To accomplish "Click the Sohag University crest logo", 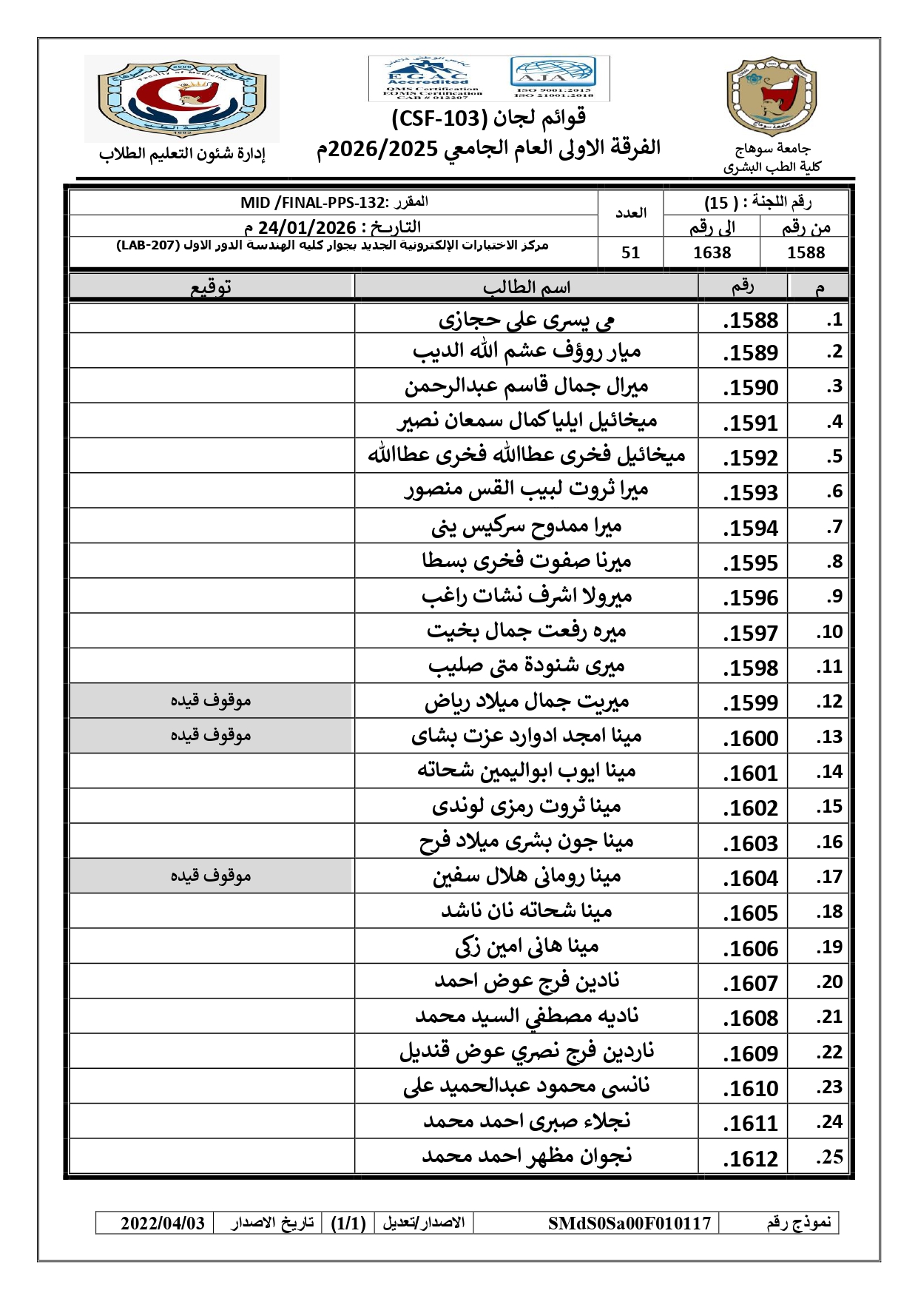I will pyautogui.click(x=771, y=96).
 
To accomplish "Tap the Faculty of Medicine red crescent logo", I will pyautogui.click(x=181, y=98).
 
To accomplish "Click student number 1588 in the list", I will pyautogui.click(x=750, y=320).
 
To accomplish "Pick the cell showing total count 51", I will pyautogui.click(x=630, y=252).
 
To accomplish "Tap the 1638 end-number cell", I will pyautogui.click(x=712, y=252).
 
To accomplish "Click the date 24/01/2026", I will pyautogui.click(x=307, y=227).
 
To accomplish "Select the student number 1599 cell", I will pyautogui.click(x=750, y=702).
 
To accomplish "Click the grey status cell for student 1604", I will pyautogui.click(x=211, y=876).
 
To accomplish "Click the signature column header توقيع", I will pyautogui.click(x=211, y=287).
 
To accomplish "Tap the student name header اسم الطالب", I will pyautogui.click(x=526, y=287).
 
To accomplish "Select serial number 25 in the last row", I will pyautogui.click(x=829, y=1157).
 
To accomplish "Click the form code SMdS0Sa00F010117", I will pyautogui.click(x=629, y=1223).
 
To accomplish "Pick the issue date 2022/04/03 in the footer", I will pyautogui.click(x=163, y=1223).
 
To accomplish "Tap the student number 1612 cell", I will pyautogui.click(x=750, y=1158).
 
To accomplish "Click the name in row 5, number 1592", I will pyautogui.click(x=526, y=455).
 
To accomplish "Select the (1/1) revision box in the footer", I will pyautogui.click(x=348, y=1223).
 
